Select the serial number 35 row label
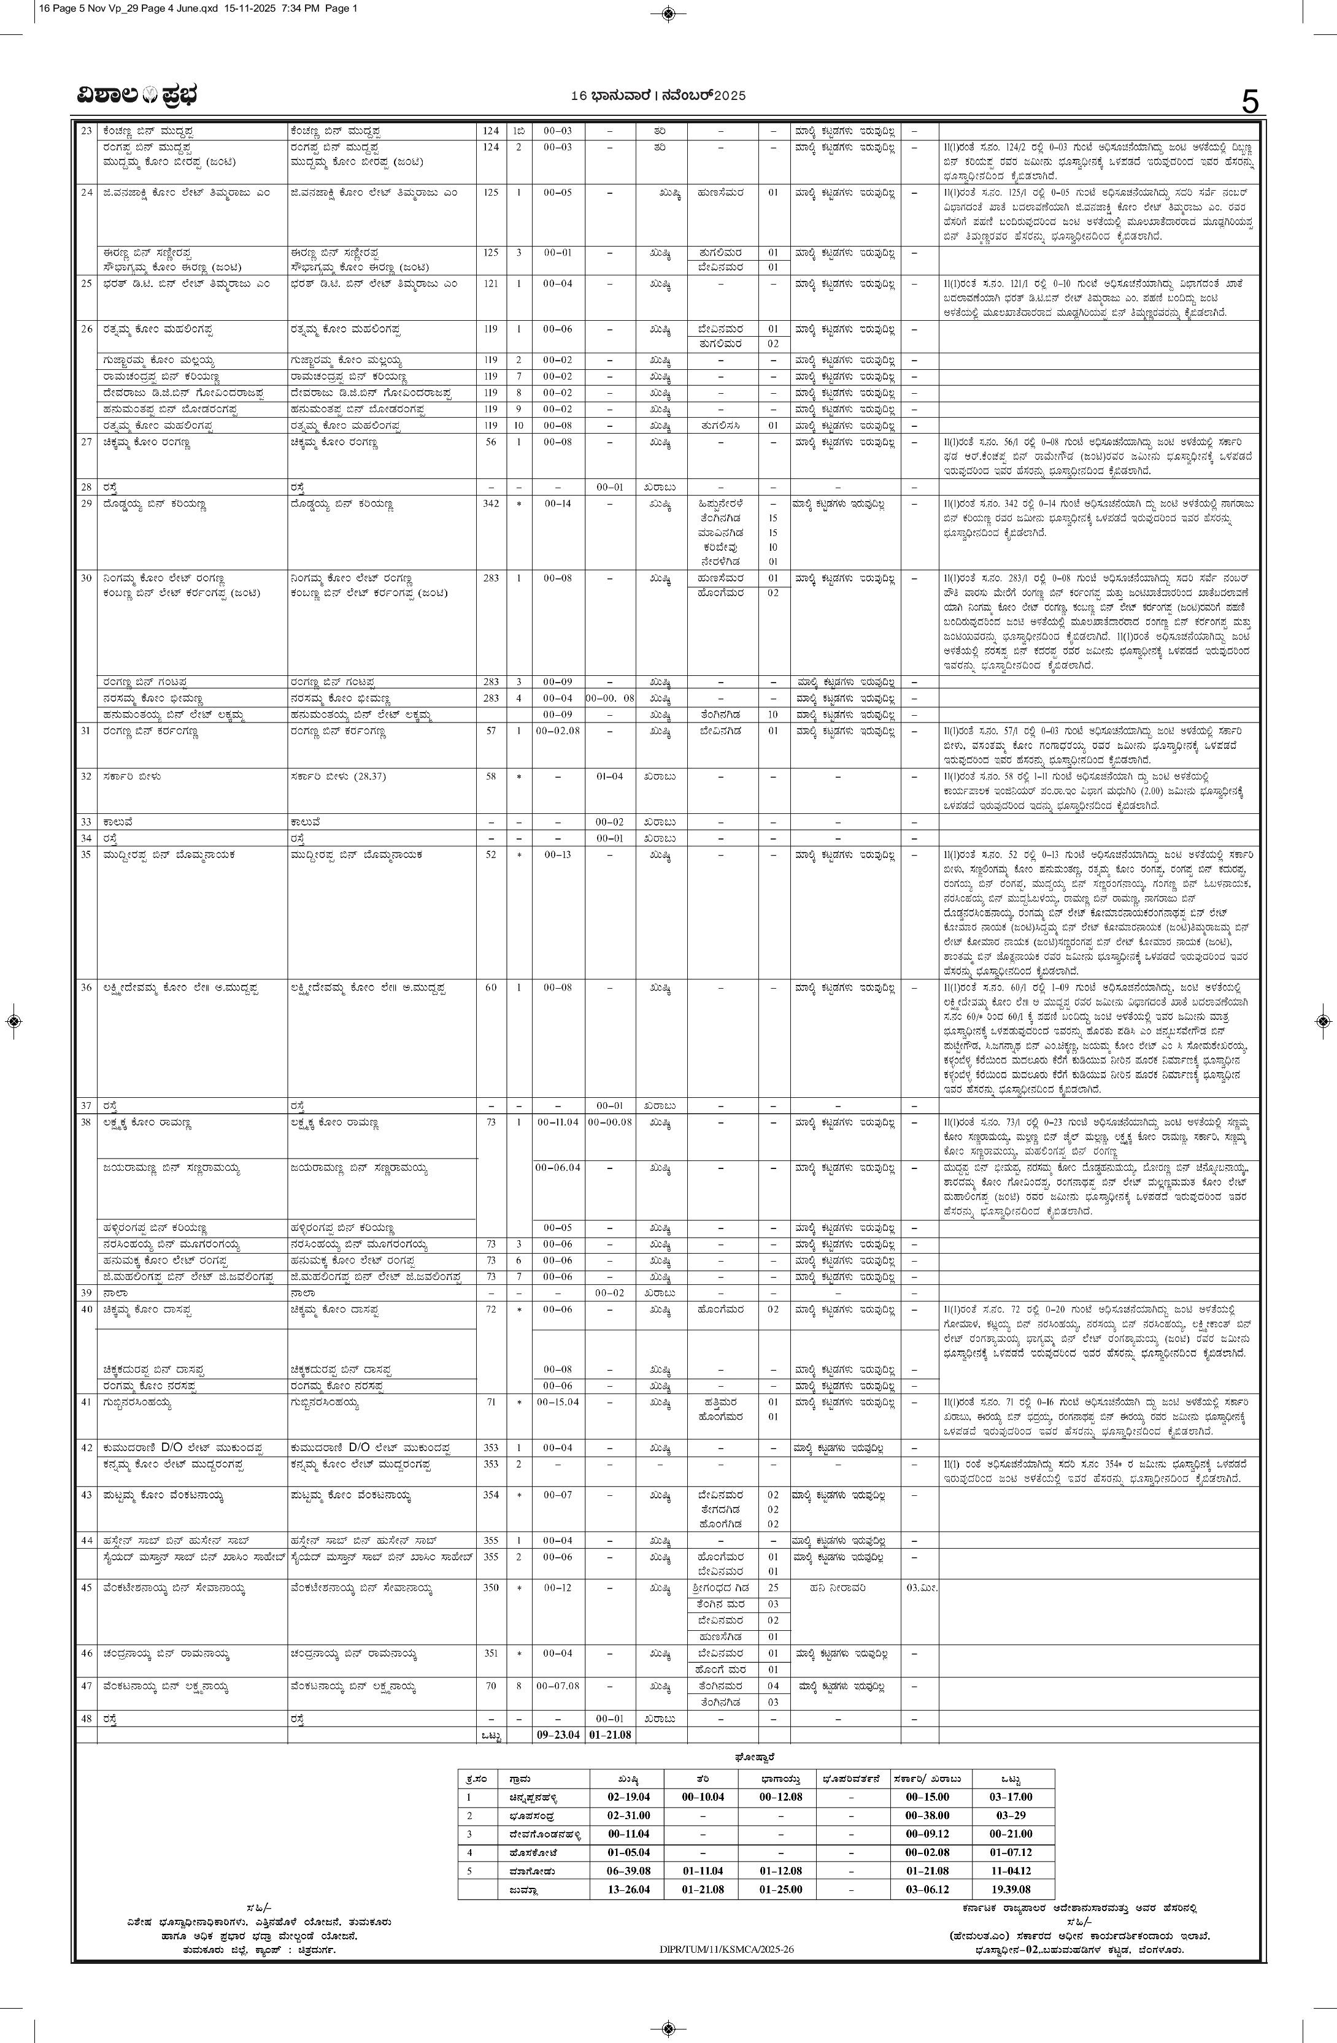pyautogui.click(x=86, y=855)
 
